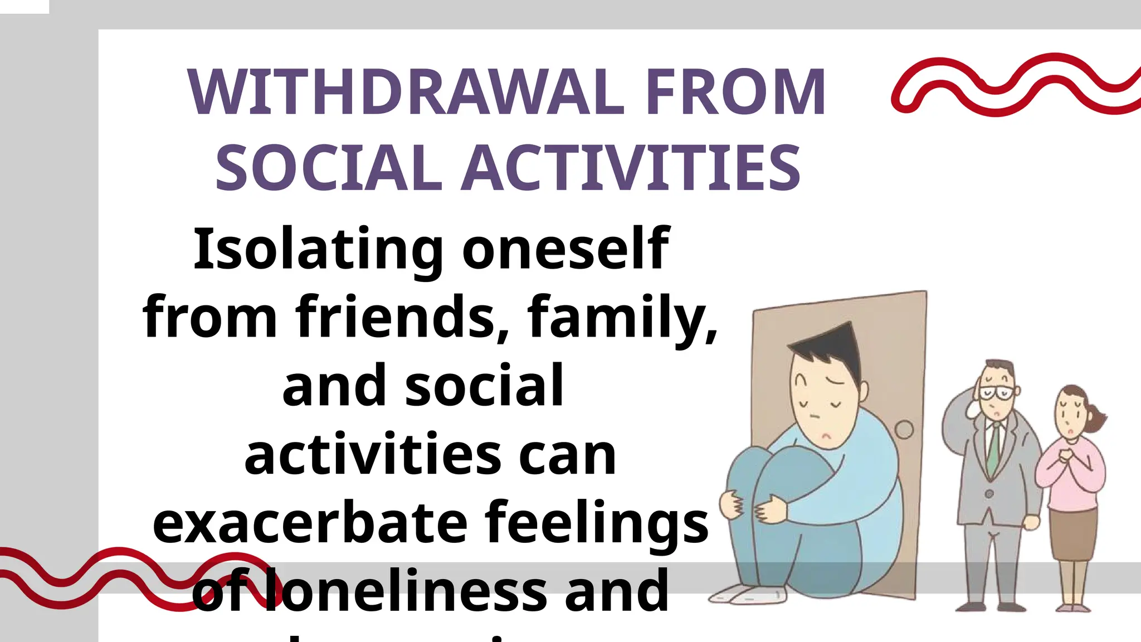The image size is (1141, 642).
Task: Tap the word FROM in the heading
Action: (735, 92)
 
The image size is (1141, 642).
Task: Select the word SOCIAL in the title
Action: (329, 167)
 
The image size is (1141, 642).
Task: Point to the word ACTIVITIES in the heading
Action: (632, 167)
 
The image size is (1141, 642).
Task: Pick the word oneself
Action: (565, 249)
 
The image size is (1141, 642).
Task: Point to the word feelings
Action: (597, 524)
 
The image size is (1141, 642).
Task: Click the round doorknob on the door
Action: (904, 430)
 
